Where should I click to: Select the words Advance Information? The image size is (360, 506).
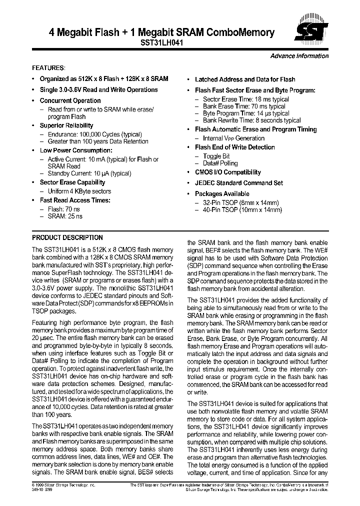pyautogui.click(x=299, y=56)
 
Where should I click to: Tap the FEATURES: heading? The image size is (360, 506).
pyautogui.click(x=48, y=67)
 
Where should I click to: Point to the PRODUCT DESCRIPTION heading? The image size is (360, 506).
pyautogui.click(x=67, y=238)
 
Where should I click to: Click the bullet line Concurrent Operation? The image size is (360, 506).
pyautogui.click(x=70, y=100)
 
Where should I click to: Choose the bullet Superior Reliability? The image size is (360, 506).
pyautogui.click(x=66, y=125)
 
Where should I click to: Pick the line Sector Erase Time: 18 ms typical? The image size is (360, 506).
pyautogui.click(x=245, y=99)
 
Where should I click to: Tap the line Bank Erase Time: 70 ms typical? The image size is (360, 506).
pyautogui.click(x=244, y=106)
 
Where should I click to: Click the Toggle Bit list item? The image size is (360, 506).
pyautogui.click(x=216, y=156)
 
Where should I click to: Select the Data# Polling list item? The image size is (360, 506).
pyautogui.click(x=220, y=163)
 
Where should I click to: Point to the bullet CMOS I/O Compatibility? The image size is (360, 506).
pyautogui.click(x=227, y=172)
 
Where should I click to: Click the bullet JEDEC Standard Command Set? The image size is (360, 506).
pyautogui.click(x=238, y=183)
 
